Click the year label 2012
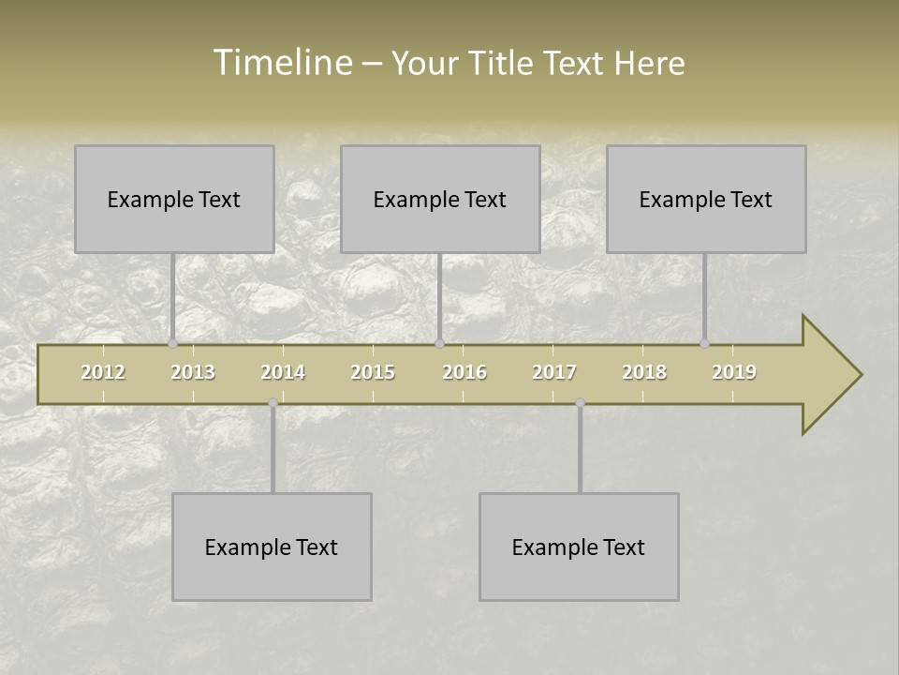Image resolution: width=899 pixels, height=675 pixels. [103, 372]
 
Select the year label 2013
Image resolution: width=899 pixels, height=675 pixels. [193, 372]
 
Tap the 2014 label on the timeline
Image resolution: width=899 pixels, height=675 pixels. [283, 372]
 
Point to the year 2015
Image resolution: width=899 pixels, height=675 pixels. [373, 372]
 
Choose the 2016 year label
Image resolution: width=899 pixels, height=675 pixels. [464, 372]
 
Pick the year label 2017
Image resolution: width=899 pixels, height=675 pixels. [554, 372]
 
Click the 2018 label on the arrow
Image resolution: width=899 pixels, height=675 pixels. [644, 372]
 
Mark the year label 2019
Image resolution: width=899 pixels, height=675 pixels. [734, 372]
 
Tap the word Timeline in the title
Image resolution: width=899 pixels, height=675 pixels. [281, 63]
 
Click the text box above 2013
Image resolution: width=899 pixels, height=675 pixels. [174, 199]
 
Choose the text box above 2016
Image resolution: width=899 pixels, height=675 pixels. [440, 199]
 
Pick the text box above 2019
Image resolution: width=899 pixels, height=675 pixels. [706, 199]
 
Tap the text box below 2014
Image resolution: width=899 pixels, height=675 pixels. [272, 547]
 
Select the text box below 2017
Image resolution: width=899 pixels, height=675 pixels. [579, 547]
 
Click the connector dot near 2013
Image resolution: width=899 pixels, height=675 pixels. [173, 344]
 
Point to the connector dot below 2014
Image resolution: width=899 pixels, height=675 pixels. [273, 403]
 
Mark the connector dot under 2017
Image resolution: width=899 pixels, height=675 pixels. [580, 403]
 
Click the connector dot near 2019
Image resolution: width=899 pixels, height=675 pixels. [705, 344]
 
